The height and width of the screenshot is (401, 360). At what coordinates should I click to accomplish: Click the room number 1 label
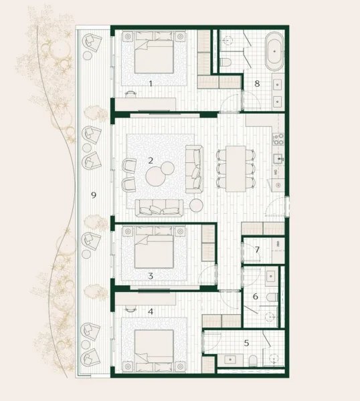pyautogui.click(x=151, y=84)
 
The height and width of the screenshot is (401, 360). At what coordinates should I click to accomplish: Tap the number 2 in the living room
pyautogui.click(x=151, y=160)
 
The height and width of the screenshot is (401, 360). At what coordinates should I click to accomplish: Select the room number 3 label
pyautogui.click(x=151, y=275)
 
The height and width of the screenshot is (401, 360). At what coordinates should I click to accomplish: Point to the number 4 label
pyautogui.click(x=151, y=311)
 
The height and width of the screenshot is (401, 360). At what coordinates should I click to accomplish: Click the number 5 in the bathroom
pyautogui.click(x=246, y=343)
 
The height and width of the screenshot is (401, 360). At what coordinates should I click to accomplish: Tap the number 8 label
pyautogui.click(x=256, y=84)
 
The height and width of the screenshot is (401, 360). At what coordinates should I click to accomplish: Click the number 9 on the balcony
pyautogui.click(x=94, y=195)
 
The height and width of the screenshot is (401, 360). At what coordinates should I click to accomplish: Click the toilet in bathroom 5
pyautogui.click(x=254, y=362)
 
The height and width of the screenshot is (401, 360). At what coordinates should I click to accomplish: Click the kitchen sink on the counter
pyautogui.click(x=279, y=158)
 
